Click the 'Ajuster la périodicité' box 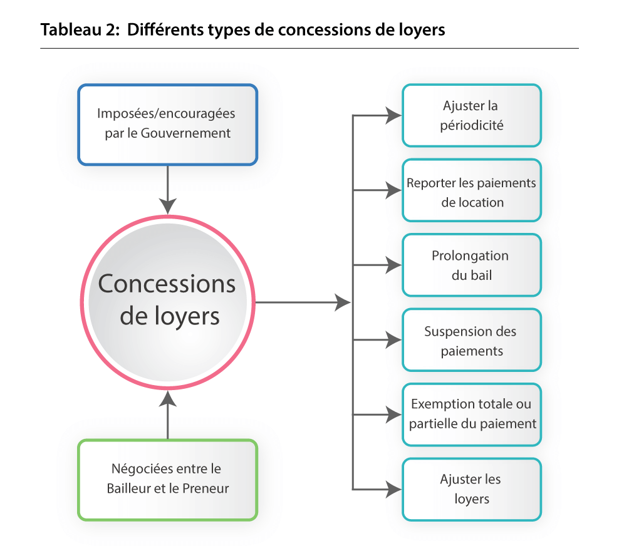click(x=471, y=116)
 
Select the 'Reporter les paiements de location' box click(x=471, y=190)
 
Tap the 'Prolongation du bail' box click(x=471, y=265)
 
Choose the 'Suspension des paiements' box click(x=471, y=340)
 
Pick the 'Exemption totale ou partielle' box click(x=471, y=415)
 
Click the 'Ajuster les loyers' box click(x=471, y=489)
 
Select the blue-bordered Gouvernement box click(x=167, y=125)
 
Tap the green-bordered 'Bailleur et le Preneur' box click(x=167, y=480)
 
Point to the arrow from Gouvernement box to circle click(x=167, y=188)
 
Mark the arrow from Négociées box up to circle click(x=167, y=413)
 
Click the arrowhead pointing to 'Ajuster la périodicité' click(x=393, y=115)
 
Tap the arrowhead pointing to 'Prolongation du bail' click(x=393, y=265)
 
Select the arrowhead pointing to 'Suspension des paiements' click(x=393, y=340)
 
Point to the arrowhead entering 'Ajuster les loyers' click(x=393, y=489)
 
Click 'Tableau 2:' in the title click(x=80, y=30)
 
